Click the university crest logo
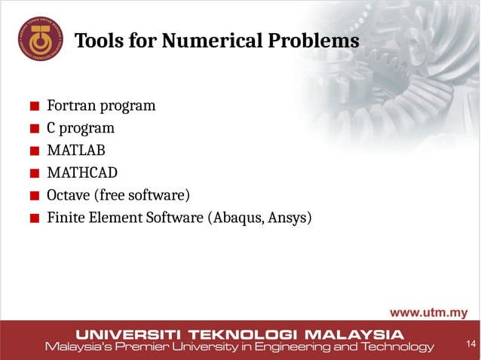pyautogui.click(x=40, y=40)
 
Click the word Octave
pyautogui.click(x=68, y=196)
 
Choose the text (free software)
pyautogui.click(x=141, y=196)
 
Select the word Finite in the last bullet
pyautogui.click(x=65, y=218)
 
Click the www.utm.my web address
pyautogui.click(x=427, y=313)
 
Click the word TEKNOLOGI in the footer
pyautogui.click(x=246, y=334)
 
